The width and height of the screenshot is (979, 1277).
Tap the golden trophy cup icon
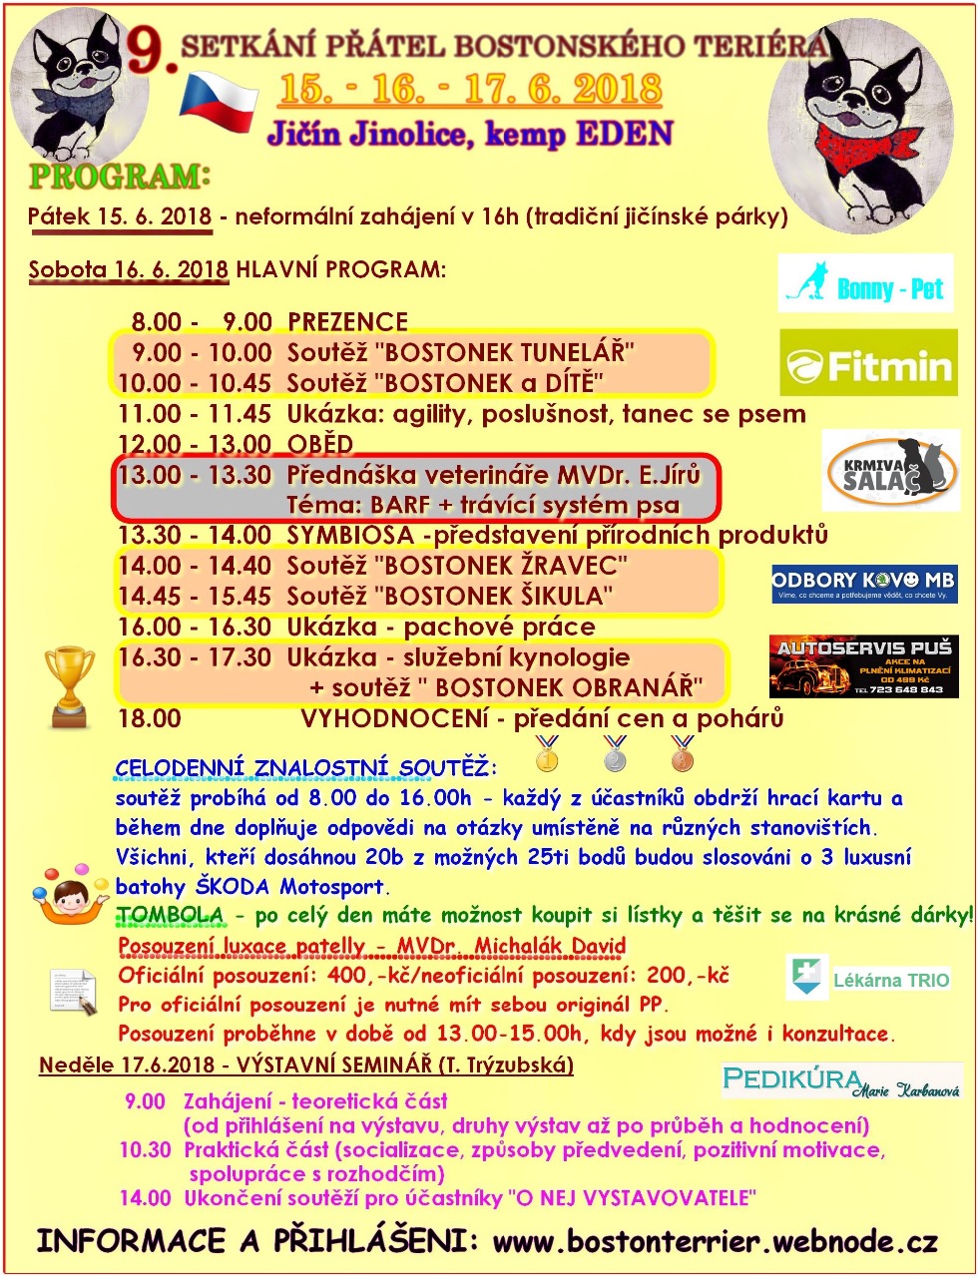coord(71,686)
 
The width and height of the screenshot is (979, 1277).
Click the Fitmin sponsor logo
coord(868,364)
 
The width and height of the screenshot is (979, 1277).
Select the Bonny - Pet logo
coord(865,284)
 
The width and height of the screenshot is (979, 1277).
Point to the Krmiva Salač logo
coord(890,471)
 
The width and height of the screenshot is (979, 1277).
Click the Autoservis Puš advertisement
coord(863,666)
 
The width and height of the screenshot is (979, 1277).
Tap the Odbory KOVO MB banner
coord(864,584)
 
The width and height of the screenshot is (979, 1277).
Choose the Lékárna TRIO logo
coord(868,979)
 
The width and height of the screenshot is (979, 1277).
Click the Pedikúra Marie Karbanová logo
coord(841,1080)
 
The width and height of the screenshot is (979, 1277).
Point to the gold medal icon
coord(547,754)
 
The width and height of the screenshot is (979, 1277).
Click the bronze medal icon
coord(683,754)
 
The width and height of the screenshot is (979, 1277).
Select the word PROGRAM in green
coord(114,177)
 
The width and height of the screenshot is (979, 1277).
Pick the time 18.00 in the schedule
coord(150,718)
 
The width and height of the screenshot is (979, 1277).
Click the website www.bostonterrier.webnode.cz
coord(715,1242)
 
